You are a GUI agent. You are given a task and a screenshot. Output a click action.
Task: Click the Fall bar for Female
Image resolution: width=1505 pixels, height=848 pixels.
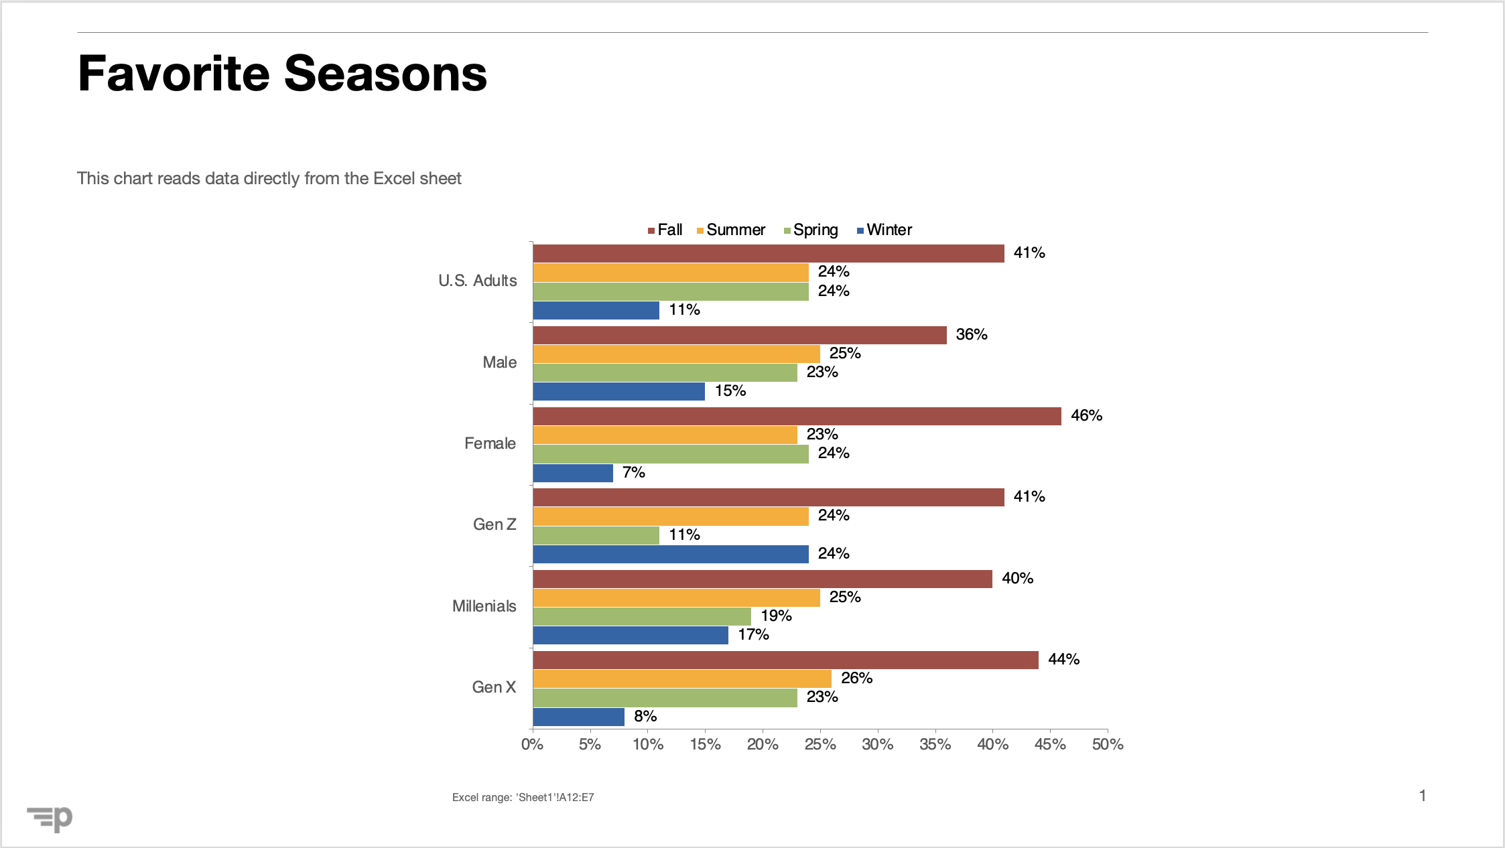(797, 416)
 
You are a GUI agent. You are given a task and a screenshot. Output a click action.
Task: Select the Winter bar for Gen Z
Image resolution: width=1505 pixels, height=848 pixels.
(671, 554)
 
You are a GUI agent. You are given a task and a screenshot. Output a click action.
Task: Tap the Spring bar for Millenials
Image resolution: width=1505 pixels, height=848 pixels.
(642, 616)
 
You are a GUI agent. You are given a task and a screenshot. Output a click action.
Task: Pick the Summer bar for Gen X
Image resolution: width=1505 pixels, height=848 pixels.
(682, 679)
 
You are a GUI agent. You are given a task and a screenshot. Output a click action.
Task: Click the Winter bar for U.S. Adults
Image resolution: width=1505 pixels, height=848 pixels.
(596, 310)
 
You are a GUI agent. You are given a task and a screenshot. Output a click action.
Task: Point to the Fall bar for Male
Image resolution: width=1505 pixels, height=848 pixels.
(740, 335)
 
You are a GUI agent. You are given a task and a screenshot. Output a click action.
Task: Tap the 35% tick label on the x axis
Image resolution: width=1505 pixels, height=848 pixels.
(935, 744)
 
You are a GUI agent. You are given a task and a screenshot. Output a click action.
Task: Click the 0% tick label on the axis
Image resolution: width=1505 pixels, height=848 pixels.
(532, 744)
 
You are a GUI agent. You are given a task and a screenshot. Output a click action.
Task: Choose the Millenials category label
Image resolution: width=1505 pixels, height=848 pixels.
(484, 606)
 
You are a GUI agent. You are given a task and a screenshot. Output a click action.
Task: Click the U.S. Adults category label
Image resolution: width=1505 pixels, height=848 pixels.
(477, 281)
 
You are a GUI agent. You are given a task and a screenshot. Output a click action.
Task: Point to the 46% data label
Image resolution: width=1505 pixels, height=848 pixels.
(1086, 415)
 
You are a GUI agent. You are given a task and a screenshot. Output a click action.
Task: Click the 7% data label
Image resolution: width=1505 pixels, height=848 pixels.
(633, 472)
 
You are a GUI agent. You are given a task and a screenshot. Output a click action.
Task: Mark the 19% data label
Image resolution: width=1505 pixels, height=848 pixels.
(776, 616)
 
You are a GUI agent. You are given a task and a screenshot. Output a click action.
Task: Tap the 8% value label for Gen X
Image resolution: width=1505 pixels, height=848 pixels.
(645, 716)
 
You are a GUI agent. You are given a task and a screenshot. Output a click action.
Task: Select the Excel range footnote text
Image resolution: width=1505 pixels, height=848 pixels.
(523, 797)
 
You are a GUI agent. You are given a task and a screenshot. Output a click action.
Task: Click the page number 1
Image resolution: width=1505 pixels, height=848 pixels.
(1422, 796)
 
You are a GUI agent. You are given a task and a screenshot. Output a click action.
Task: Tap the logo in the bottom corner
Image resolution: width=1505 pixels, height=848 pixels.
(50, 818)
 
